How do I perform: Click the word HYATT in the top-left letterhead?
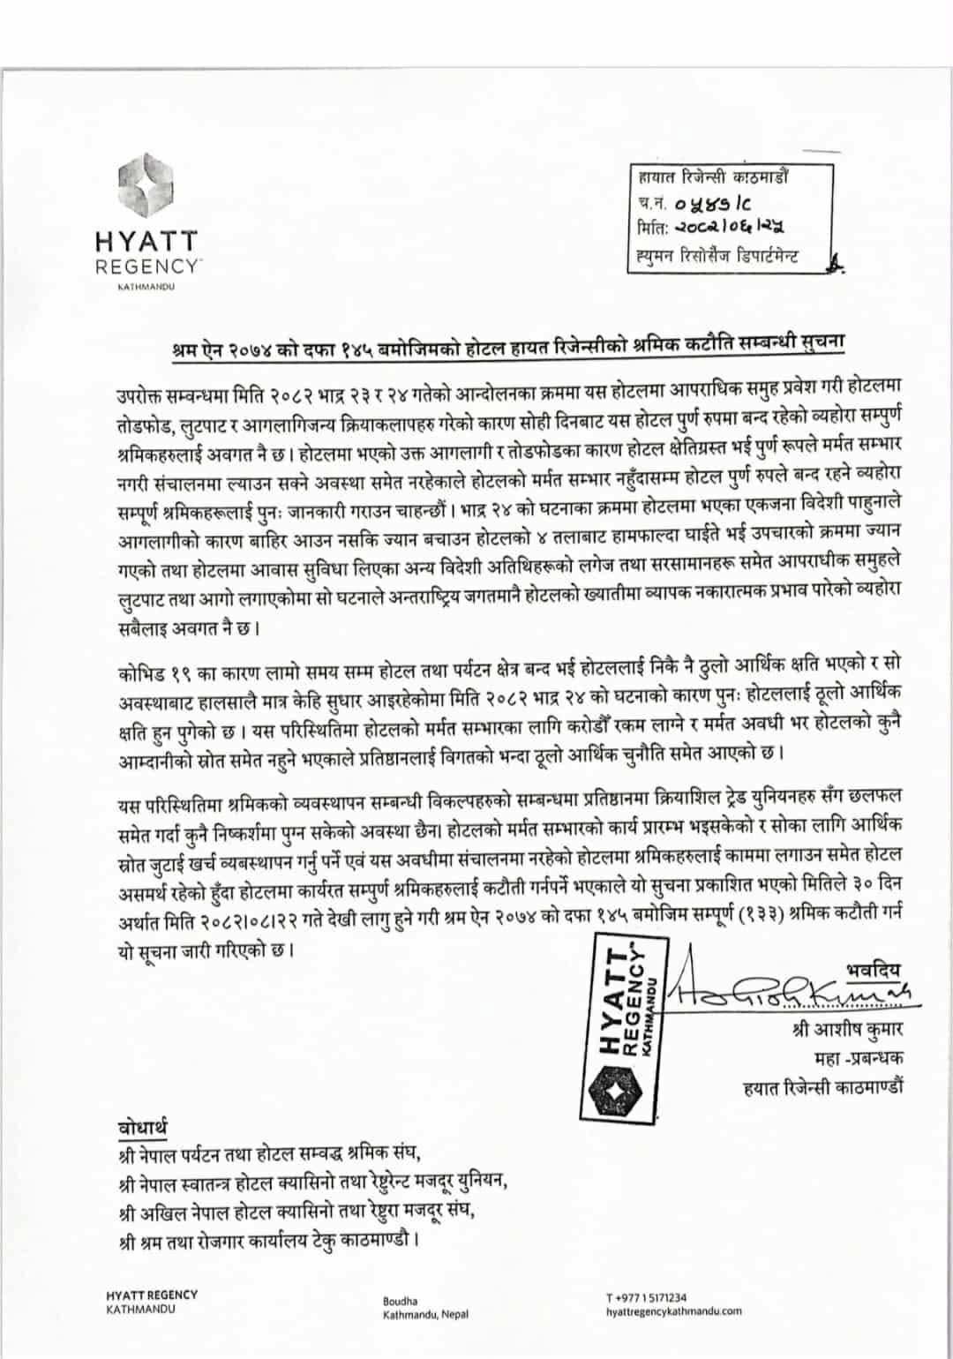[x=146, y=241]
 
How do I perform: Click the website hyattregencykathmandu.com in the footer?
[x=674, y=1311]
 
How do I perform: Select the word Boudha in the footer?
[x=401, y=1301]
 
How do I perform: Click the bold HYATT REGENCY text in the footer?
[x=152, y=1295]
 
